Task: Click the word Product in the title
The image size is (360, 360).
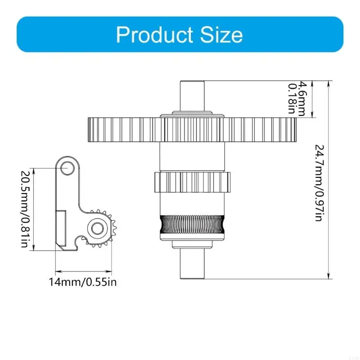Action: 154,35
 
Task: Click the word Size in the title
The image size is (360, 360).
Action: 221,35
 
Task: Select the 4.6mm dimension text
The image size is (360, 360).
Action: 302,99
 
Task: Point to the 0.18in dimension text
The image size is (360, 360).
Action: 292,99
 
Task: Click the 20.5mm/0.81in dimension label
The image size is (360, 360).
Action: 24,209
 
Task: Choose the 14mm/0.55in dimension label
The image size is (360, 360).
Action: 83,282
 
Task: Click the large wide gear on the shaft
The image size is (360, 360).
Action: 192,130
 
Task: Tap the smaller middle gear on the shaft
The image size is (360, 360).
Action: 192,182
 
